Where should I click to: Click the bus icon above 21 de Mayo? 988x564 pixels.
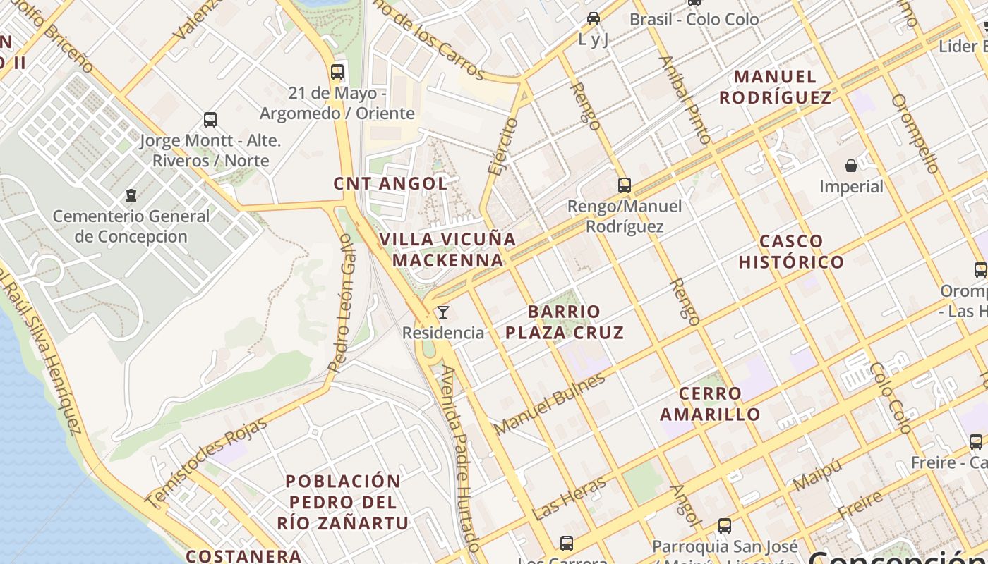(x=337, y=71)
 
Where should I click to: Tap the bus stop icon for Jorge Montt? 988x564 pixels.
(x=210, y=119)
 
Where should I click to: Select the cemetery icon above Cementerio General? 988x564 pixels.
(x=131, y=195)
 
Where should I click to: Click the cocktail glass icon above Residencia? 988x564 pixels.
(x=443, y=312)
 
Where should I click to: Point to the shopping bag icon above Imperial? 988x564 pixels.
(x=851, y=166)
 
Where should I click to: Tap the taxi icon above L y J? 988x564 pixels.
(x=594, y=18)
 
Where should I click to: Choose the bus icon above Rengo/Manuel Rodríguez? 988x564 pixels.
(x=625, y=185)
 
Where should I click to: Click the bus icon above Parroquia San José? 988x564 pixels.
(x=725, y=525)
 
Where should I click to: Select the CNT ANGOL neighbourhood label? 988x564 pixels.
(x=390, y=184)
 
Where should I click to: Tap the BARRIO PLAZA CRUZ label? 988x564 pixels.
(x=565, y=322)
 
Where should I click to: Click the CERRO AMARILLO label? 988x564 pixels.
(x=710, y=404)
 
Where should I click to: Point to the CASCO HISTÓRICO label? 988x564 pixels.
(x=791, y=252)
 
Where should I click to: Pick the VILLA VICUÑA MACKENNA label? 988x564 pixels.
(x=448, y=250)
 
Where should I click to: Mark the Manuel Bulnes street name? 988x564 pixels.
(x=550, y=404)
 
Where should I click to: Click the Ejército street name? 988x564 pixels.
(x=502, y=147)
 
